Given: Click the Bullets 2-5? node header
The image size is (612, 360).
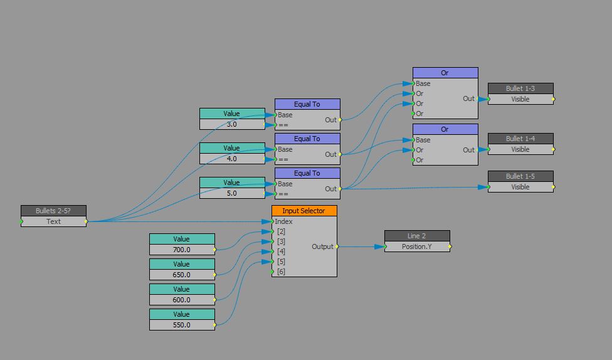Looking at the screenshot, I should tap(53, 211).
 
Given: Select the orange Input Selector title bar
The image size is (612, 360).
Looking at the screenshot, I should tap(304, 211).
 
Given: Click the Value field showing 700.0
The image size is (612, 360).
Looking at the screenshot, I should tap(182, 250).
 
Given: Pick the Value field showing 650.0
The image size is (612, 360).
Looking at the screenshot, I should tap(182, 275).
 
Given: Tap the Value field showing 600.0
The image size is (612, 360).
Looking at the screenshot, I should tap(182, 300).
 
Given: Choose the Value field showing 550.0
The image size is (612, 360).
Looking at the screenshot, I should tap(182, 325).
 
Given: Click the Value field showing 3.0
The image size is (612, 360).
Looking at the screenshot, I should tap(232, 124).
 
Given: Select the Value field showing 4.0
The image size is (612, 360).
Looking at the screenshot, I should tap(232, 159).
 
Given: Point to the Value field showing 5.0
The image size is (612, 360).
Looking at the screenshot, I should tap(232, 193).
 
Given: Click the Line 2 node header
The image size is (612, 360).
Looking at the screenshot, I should tap(417, 236).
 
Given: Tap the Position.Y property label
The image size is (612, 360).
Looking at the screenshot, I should tap(417, 246).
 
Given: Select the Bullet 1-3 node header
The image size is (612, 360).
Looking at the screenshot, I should tap(520, 88).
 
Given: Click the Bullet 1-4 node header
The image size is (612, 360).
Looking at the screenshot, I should tap(520, 138).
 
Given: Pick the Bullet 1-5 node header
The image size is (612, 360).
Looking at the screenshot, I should tap(520, 176).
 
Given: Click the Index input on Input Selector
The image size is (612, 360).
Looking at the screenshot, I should tap(283, 221).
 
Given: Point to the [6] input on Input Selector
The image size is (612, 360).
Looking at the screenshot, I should tap(281, 272).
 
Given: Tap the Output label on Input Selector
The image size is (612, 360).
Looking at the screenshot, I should tap(322, 246).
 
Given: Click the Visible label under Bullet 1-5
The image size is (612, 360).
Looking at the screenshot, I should tap(520, 187).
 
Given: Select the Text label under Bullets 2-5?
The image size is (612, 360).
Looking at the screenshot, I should tap(53, 221).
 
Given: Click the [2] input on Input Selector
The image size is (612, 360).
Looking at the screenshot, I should tap(281, 231).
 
